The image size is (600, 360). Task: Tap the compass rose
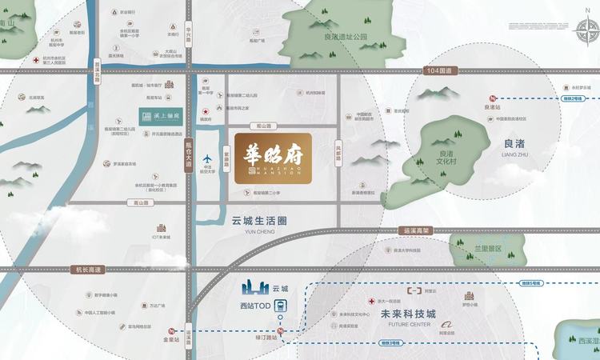pyautogui.click(x=587, y=34)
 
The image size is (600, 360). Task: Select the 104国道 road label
pyautogui.click(x=439, y=71)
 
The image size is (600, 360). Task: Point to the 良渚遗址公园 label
pyautogui.click(x=345, y=37)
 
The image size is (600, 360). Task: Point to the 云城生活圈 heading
pyautogui.click(x=258, y=220)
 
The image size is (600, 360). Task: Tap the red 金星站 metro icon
pyautogui.click(x=170, y=331)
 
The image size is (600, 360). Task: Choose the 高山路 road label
pyautogui.click(x=142, y=203)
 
